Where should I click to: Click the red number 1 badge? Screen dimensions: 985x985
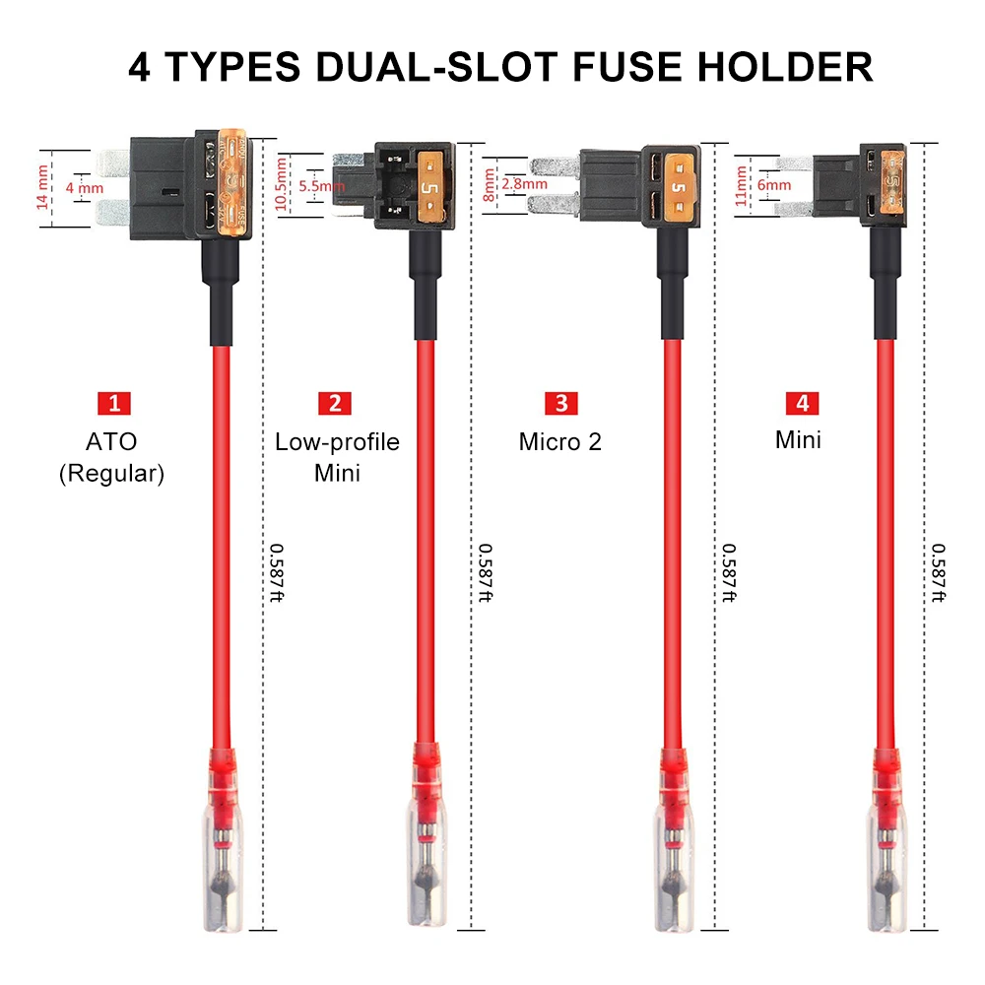tap(114, 403)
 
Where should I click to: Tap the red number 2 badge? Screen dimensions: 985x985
tap(335, 403)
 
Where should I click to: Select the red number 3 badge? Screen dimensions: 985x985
tap(561, 403)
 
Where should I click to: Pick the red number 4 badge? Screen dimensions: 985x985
tap(800, 403)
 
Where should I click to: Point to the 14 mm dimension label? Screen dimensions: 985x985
tap(41, 187)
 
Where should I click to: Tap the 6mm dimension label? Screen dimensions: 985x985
tap(774, 184)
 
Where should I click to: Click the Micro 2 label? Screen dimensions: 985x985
tap(559, 441)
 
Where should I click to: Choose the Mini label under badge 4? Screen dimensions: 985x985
tap(798, 439)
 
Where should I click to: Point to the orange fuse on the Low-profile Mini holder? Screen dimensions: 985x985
tap(430, 184)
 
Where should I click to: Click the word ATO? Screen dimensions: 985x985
tap(111, 442)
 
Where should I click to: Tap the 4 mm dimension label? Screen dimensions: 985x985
tap(85, 187)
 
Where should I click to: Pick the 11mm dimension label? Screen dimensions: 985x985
tap(741, 184)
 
